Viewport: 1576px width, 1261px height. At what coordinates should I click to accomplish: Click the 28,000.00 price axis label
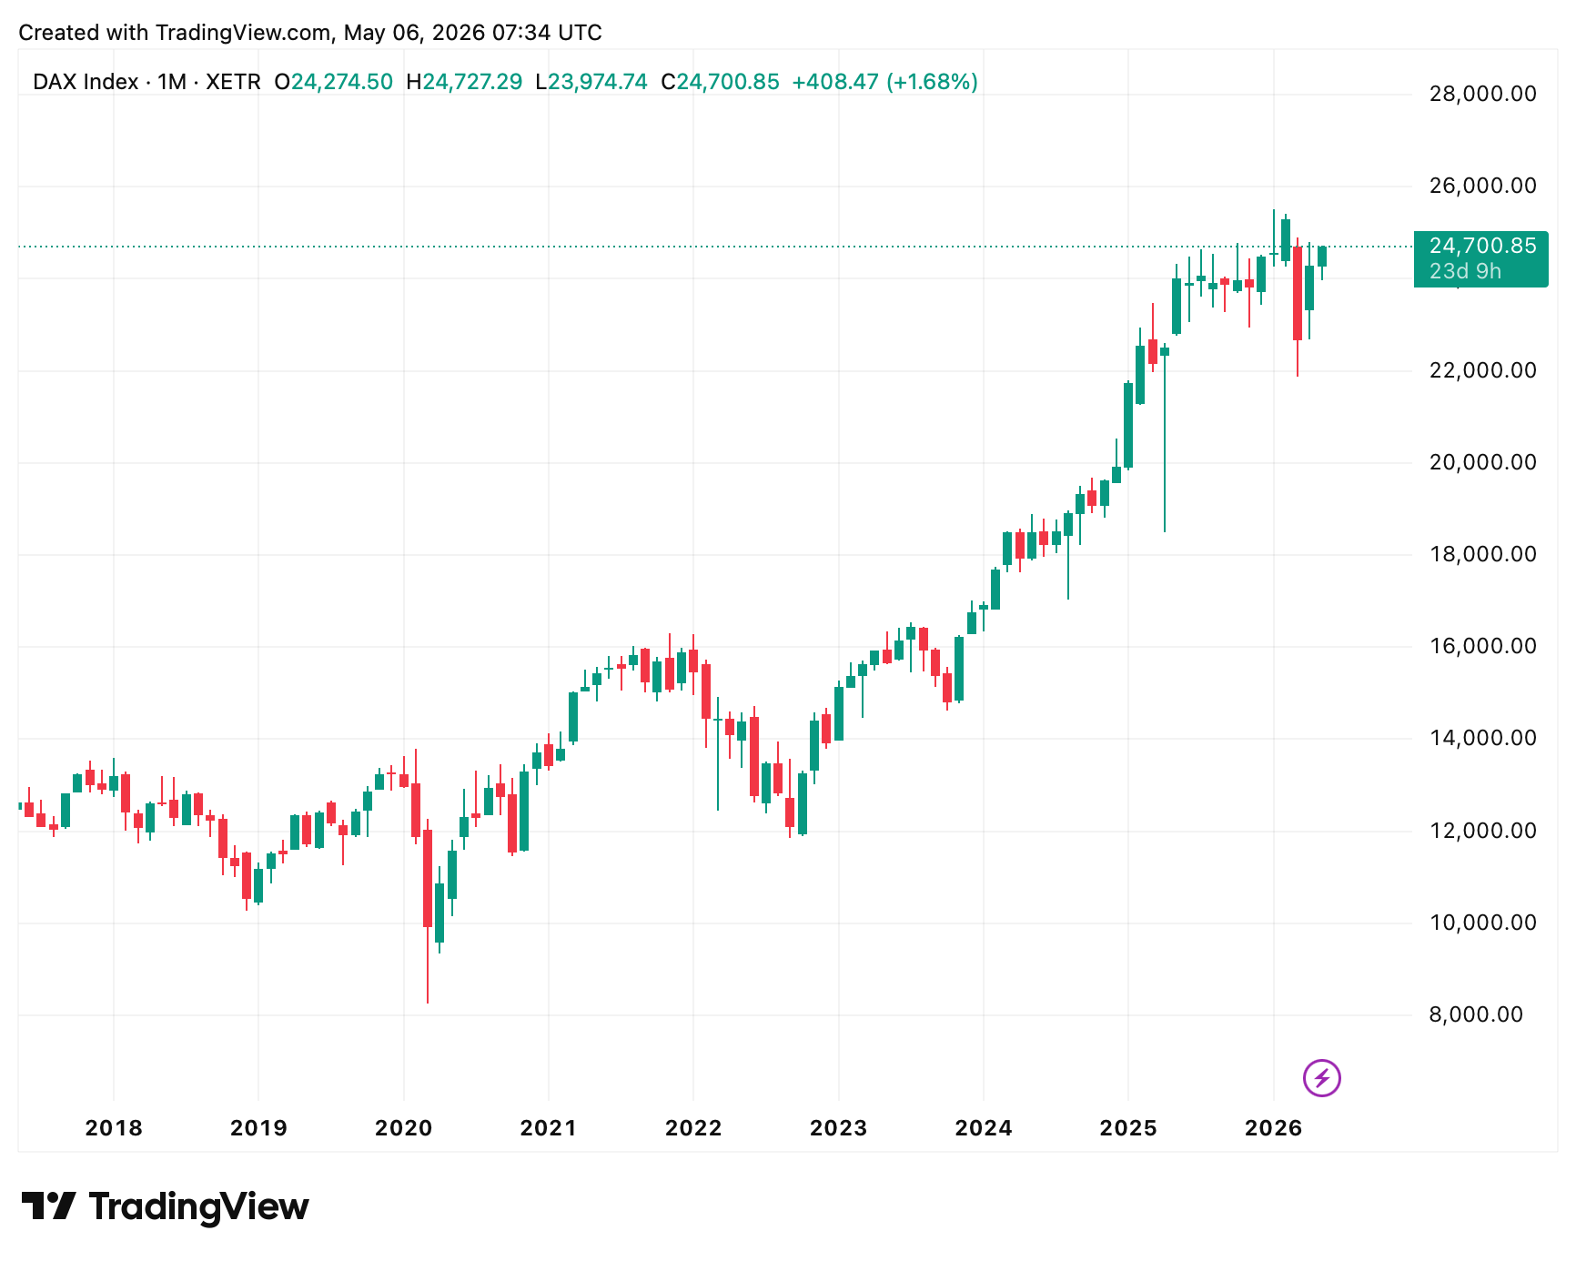tap(1482, 94)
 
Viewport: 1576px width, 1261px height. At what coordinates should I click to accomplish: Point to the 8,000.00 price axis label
tap(1476, 1014)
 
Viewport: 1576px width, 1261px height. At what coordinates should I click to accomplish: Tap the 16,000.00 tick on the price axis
tap(1482, 646)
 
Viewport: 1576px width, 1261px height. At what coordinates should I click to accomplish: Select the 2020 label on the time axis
tap(403, 1128)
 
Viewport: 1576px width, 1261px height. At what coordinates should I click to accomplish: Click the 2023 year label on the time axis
tap(838, 1128)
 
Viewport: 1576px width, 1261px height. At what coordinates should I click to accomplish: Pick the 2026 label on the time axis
tap(1273, 1128)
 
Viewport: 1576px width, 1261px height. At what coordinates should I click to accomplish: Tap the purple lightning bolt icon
tap(1321, 1079)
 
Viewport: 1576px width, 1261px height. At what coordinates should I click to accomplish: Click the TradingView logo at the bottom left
tap(165, 1206)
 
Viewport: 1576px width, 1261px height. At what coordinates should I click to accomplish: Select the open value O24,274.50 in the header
tap(334, 82)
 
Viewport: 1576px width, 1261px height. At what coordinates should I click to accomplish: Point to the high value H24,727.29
tap(464, 82)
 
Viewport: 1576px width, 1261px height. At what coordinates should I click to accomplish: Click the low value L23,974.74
tap(591, 82)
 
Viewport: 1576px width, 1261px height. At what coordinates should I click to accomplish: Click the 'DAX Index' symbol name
tap(86, 82)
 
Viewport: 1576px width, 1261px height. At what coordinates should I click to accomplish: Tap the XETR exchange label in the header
tap(233, 82)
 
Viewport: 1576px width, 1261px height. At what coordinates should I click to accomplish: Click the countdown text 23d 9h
tap(1465, 271)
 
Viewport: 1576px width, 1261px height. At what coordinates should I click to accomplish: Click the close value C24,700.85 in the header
tap(720, 82)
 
